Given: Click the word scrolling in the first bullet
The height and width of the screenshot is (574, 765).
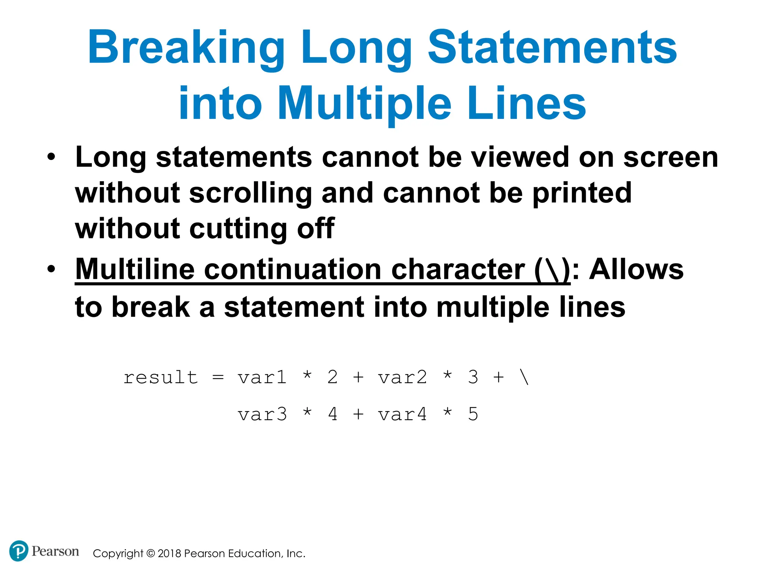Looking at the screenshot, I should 250,193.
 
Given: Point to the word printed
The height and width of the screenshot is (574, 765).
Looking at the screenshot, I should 582,193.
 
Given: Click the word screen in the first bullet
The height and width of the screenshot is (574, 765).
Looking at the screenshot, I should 670,157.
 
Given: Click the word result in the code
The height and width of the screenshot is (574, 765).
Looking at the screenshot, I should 161,377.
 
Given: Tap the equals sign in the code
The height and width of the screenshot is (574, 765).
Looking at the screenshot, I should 218,377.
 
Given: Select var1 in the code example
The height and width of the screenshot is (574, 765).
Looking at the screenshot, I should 262,377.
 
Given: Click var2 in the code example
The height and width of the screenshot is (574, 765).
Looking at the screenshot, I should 402,377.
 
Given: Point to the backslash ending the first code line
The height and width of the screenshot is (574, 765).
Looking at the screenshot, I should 524,377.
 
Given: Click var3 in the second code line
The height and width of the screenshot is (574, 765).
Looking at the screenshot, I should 262,414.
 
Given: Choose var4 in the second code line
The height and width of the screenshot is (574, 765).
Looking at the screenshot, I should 402,414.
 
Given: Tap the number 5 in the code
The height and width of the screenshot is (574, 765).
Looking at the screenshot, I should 473,414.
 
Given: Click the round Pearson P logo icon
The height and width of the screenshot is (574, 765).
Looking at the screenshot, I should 18,551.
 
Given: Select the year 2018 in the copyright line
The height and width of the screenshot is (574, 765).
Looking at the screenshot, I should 170,553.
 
